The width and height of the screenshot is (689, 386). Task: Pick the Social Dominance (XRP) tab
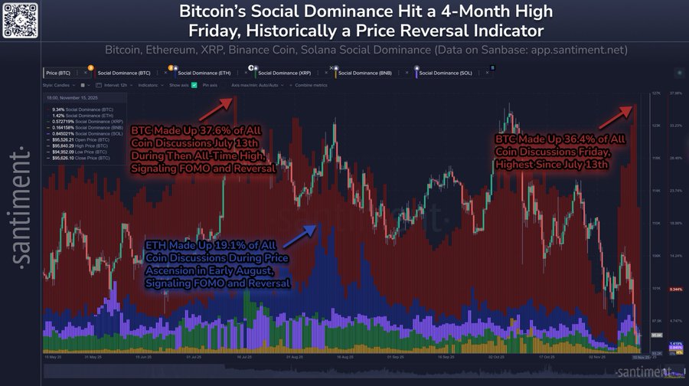click(x=285, y=73)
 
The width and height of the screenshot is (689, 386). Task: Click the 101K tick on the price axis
click(x=655, y=289)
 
